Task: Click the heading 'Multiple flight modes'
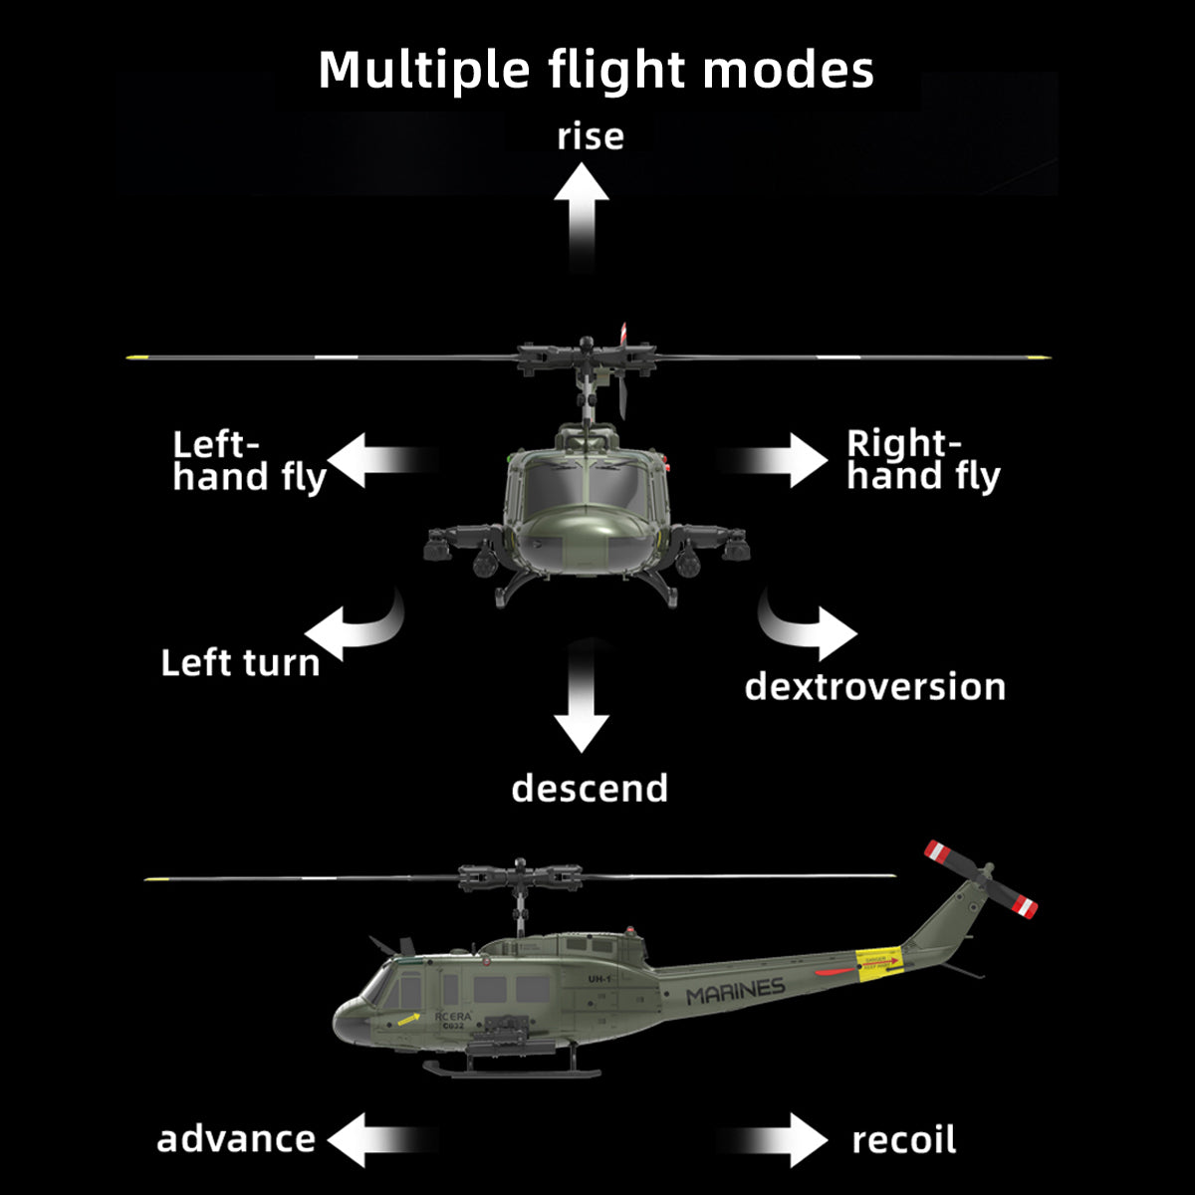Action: coord(596,71)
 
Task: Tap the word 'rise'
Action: coord(591,136)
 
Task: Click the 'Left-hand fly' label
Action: coord(248,461)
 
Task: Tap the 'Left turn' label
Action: coord(240,663)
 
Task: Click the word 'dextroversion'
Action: coord(874,687)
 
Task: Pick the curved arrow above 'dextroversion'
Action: coord(812,627)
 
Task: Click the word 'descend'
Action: coord(590,788)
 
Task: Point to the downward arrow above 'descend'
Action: coord(582,707)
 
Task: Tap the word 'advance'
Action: coord(236,1139)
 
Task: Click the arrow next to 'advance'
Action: coord(368,1139)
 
